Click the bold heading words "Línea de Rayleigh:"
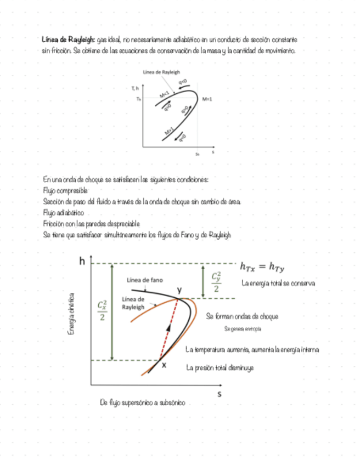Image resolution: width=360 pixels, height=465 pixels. (69, 40)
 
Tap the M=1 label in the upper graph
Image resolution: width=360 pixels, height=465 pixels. (207, 99)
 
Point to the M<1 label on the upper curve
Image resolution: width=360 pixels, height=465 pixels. (164, 95)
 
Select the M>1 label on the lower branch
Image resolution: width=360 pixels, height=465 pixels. (170, 131)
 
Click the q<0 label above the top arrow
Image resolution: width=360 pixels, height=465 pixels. (183, 83)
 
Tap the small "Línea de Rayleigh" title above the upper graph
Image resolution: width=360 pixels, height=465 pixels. (161, 72)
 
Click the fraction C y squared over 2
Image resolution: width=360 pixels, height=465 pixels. (217, 282)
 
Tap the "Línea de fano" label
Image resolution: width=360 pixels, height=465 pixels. (145, 280)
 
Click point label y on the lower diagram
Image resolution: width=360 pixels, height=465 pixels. (179, 289)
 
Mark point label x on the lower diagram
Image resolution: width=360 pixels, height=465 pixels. (164, 365)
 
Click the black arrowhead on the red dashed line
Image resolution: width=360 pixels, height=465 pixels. (168, 328)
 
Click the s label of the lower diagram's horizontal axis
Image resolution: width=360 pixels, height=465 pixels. (220, 393)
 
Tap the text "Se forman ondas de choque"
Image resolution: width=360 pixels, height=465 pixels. (242, 316)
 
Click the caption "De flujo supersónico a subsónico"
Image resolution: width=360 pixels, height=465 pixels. (143, 402)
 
